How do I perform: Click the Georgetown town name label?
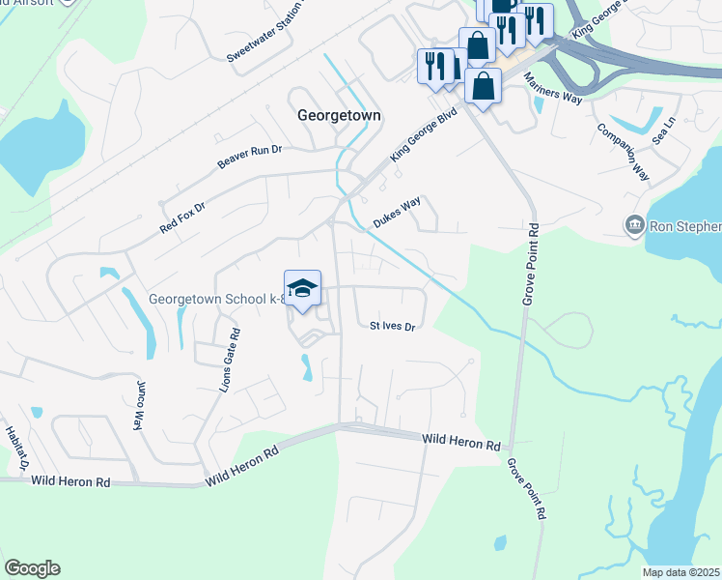tap(339, 114)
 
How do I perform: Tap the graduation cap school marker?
tap(303, 289)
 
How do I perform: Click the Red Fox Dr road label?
tap(183, 218)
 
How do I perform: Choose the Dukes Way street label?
tap(397, 210)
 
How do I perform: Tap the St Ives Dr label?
tap(392, 327)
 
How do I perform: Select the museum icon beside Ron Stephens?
tap(634, 225)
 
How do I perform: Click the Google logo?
tap(32, 568)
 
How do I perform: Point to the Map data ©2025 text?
tap(680, 572)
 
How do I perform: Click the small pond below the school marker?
tap(307, 367)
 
